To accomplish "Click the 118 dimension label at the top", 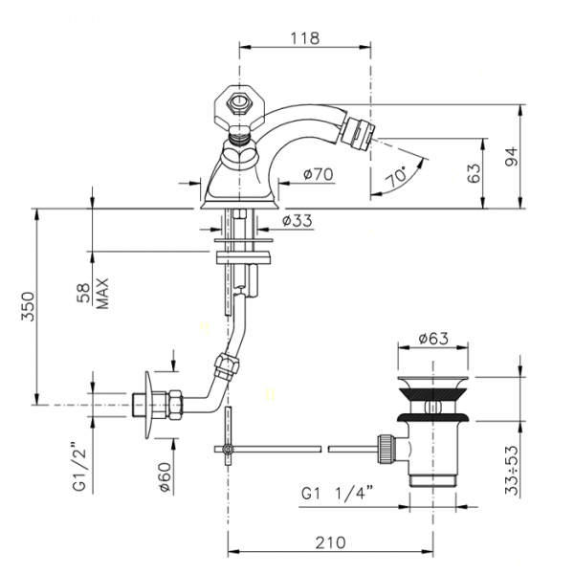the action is pos(304,38).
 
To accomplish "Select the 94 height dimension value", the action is pos(512,156).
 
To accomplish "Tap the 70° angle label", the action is pos(397,177).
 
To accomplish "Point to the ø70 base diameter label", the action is pos(319,174).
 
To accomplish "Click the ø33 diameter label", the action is pos(298,221).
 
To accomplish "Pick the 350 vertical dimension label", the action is pos(28,306).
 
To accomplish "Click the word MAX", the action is pos(102,294).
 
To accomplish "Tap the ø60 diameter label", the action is pos(165,477).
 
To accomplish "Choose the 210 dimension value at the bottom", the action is pos(330,542).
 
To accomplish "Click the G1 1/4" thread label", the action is pos(337,494).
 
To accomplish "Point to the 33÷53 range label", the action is pos(512,471).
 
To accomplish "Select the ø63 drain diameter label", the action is pos(433,339).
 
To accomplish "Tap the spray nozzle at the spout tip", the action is pos(357,134).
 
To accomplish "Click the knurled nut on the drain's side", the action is pos(386,449).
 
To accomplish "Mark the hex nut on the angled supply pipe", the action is pos(226,366).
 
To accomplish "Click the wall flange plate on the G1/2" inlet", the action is pos(148,406).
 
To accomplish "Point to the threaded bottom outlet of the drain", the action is pos(432,480).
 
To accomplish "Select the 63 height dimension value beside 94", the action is pos(474,173).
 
